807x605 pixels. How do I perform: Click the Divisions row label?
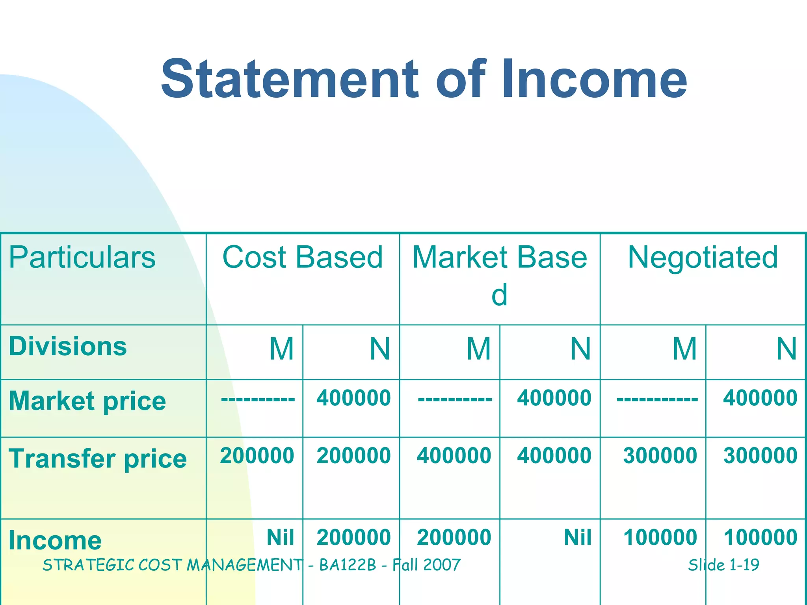point(68,347)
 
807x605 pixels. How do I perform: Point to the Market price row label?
point(87,401)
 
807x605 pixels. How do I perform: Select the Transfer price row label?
point(97,458)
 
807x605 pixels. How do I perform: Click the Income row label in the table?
point(55,540)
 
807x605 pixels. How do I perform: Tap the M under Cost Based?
point(282,349)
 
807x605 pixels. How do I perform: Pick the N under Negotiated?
point(787,349)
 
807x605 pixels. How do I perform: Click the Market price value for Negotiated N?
point(760,398)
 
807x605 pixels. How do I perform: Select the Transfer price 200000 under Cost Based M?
point(257,456)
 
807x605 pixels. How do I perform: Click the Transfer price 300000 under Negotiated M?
point(660,456)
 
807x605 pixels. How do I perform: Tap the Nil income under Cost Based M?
point(280,537)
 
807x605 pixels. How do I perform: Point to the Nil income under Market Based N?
point(578,537)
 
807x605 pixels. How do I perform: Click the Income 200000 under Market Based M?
point(454,537)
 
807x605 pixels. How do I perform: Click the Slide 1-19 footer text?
point(723,565)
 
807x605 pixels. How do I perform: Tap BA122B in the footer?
point(348,565)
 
